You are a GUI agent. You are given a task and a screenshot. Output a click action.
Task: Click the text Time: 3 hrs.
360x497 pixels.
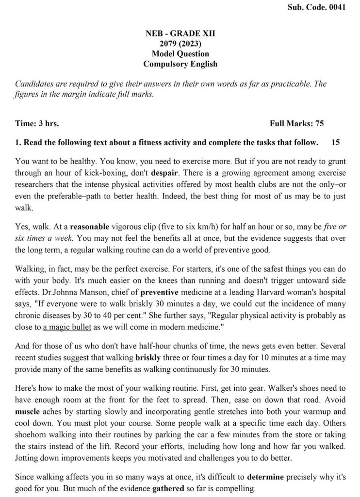click(37, 124)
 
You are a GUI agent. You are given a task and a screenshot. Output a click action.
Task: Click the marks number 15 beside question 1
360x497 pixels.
click(335, 143)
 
